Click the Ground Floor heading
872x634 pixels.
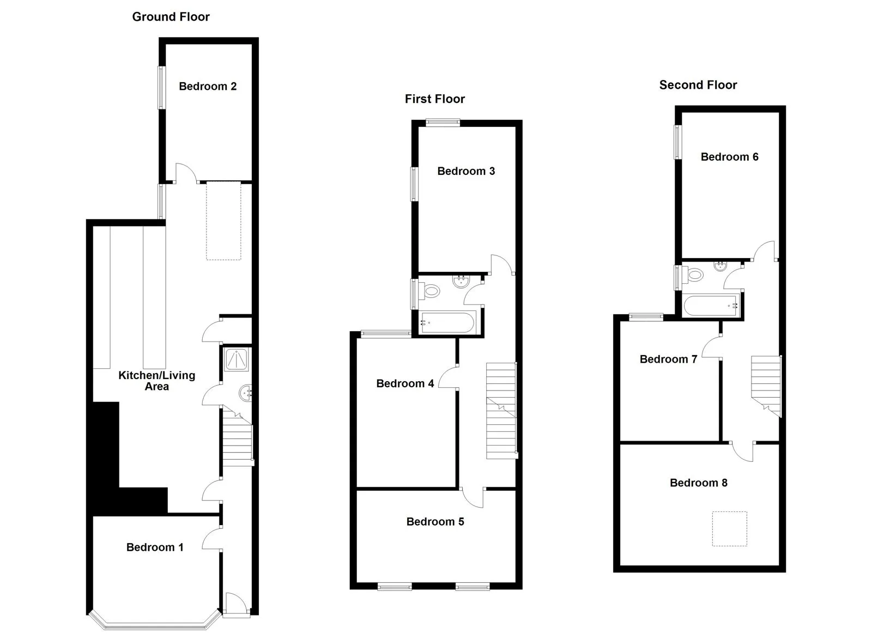pyautogui.click(x=171, y=17)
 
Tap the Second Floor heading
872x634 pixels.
pyautogui.click(x=698, y=85)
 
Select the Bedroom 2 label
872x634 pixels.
pyautogui.click(x=208, y=86)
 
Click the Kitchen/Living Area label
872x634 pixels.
pyautogui.click(x=156, y=381)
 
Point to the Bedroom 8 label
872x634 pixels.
pyautogui.click(x=698, y=483)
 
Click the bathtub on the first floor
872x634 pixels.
pyautogui.click(x=448, y=323)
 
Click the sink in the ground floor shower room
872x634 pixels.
pyautogui.click(x=246, y=393)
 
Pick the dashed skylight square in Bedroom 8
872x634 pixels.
pyautogui.click(x=730, y=528)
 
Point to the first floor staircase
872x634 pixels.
pyautogui.click(x=501, y=411)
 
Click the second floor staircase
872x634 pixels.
pyautogui.click(x=766, y=386)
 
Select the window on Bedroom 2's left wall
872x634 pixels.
pyautogui.click(x=161, y=88)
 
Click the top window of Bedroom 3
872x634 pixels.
pyautogui.click(x=443, y=123)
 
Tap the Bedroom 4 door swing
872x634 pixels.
pyautogui.click(x=449, y=377)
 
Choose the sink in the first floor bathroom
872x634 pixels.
pyautogui.click(x=462, y=281)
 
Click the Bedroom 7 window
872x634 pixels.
pyautogui.click(x=646, y=317)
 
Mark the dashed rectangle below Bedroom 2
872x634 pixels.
pyautogui.click(x=223, y=221)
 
